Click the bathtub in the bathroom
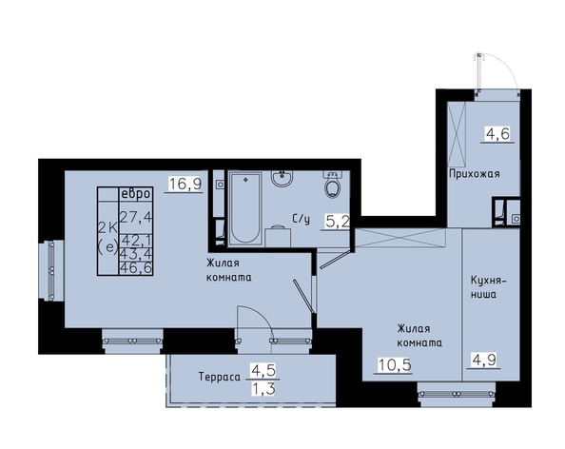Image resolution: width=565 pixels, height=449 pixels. [x=245, y=208]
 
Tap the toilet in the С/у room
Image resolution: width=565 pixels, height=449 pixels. [x=332, y=185]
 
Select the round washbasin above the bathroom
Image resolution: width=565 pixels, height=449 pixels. [x=282, y=178]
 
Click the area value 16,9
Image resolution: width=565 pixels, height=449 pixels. [x=185, y=184]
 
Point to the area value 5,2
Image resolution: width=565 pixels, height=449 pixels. [x=338, y=221]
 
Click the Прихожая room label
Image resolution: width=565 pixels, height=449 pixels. [x=475, y=174]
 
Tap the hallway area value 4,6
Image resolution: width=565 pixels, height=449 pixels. [x=497, y=134]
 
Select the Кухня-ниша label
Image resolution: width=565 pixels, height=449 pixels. [x=488, y=287]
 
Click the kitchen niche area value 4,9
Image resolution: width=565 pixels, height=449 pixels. [x=484, y=360]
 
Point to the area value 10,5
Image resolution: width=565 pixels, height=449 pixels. [x=394, y=365]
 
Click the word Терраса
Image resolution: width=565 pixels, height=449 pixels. [x=220, y=377]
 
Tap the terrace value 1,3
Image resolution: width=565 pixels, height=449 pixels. [x=263, y=389]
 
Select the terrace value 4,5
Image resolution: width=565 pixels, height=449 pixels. [x=263, y=370]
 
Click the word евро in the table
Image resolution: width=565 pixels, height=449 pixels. [x=135, y=194]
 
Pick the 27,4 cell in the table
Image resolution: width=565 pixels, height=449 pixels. [x=136, y=217]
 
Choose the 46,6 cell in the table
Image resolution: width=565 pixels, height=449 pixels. [x=136, y=268]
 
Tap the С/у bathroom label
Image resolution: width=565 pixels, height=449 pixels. [x=302, y=219]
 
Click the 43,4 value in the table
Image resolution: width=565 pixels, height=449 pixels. [x=136, y=254]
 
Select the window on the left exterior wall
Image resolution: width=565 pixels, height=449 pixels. [x=51, y=270]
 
